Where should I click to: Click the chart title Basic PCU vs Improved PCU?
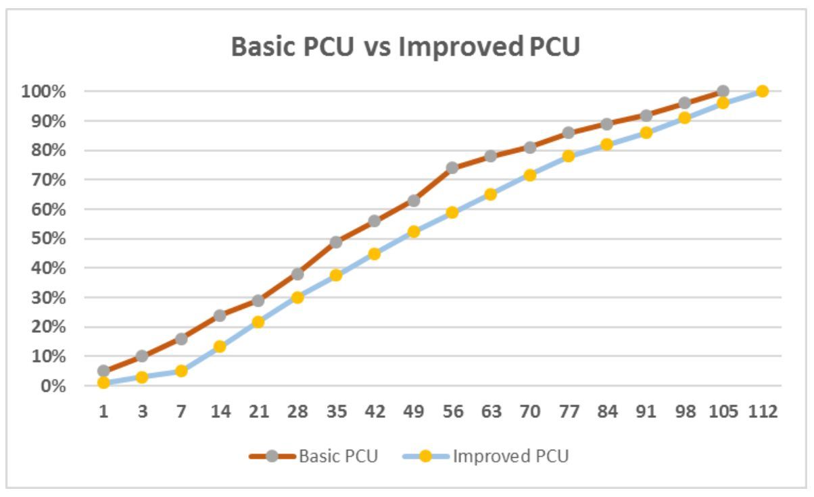405,47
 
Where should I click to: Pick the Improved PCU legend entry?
510,456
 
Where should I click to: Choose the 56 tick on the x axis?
452,411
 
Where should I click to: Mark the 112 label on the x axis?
762,411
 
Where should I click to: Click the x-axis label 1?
103,411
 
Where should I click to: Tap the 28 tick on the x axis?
297,411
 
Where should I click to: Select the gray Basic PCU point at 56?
452,167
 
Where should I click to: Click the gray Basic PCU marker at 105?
723,91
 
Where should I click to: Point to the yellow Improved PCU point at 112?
762,91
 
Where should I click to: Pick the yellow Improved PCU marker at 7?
181,371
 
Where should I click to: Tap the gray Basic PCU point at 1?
103,371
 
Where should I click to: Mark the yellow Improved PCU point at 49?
414,232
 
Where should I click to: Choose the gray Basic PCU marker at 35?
336,242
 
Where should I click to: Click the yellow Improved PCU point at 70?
530,175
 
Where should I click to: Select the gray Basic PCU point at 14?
220,315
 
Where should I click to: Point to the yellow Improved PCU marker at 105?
723,103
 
